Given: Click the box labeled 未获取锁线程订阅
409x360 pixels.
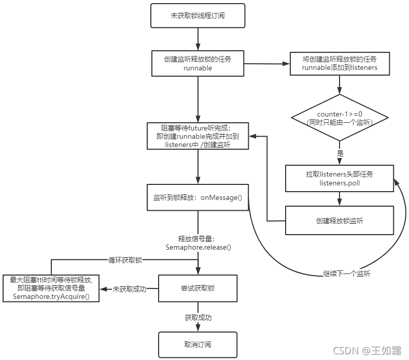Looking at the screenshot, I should [198, 16].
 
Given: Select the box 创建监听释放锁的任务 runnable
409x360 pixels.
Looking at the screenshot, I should [198, 63].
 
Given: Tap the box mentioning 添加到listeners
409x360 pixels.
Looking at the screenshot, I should [340, 63].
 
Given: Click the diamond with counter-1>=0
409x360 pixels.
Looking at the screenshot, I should [340, 118].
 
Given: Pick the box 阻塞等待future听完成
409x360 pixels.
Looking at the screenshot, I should [198, 137].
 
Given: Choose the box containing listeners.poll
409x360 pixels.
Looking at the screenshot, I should [340, 178].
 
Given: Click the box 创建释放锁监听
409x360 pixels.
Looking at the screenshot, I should [340, 220].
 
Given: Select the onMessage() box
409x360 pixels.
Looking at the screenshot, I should [198, 197].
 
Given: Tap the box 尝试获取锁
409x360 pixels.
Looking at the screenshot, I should [198, 288].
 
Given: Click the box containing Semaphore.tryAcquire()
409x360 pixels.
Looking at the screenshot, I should [51, 288].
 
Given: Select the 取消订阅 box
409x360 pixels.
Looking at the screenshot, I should [198, 344].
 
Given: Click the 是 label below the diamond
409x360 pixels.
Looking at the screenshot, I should [340, 153].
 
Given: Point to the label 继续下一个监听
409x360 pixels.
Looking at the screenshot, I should [346, 273].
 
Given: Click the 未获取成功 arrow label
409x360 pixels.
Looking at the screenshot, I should [129, 289].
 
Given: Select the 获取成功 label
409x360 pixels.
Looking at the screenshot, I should [198, 317].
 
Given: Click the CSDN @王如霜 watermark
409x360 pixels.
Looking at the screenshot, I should [366, 351].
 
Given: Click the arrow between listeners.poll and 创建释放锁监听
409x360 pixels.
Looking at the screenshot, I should [340, 198].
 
